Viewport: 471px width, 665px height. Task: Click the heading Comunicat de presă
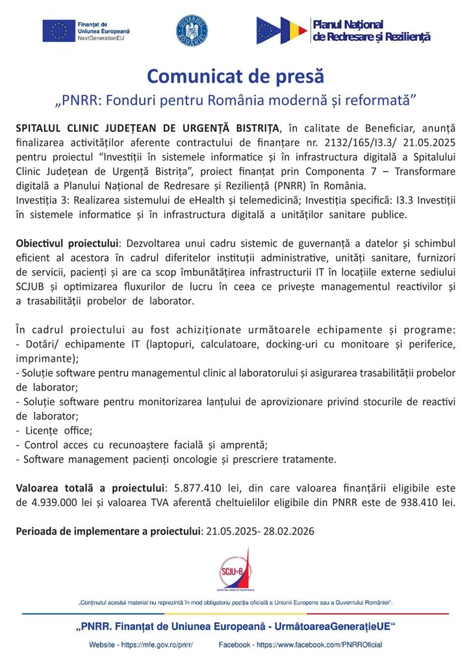[235, 76]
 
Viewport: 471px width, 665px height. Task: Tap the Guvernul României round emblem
[192, 31]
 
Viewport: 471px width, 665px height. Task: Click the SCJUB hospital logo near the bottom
[235, 570]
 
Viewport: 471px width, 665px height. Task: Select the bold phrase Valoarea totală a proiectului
[90, 488]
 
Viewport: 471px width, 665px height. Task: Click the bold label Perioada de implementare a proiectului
[108, 531]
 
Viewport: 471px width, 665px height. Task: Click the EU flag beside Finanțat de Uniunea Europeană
[58, 31]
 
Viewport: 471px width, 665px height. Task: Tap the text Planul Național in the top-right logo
[348, 24]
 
